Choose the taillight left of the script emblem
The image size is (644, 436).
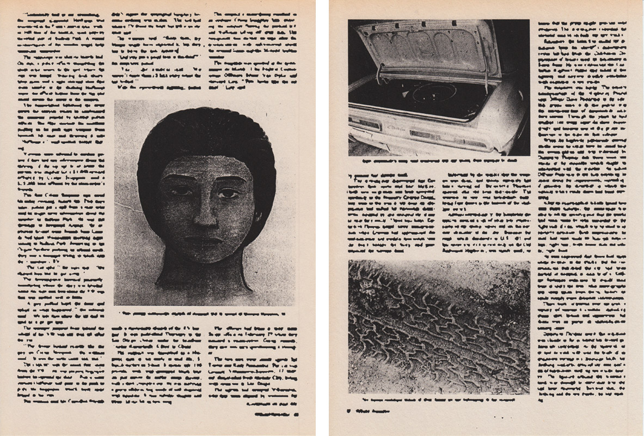(365, 124)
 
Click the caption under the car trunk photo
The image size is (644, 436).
(438, 162)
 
